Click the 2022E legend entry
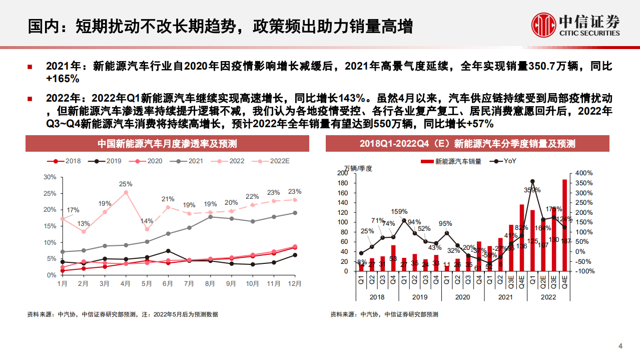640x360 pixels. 273,161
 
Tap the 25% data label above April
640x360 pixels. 126,184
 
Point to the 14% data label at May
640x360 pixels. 147,221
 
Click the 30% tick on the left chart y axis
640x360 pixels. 50,177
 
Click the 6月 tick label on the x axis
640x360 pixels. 168,283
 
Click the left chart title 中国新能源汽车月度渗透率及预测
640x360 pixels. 167,144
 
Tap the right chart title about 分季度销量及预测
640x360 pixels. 467,144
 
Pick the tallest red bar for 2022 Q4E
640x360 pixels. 564,225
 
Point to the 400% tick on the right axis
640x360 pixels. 584,173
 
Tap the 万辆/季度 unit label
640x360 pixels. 358,168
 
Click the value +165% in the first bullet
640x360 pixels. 63,79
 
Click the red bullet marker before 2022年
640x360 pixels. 31,98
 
